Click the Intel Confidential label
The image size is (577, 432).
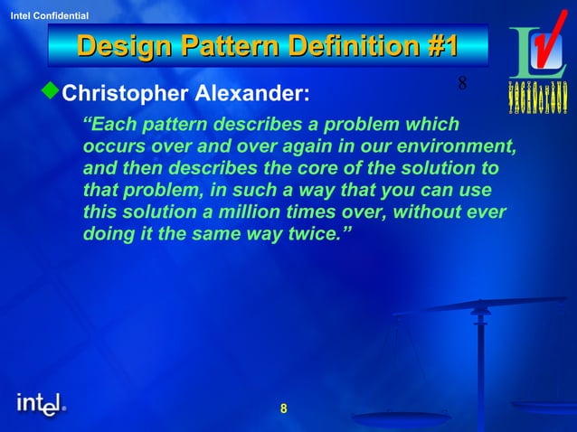click(49, 16)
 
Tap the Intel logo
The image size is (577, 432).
click(41, 404)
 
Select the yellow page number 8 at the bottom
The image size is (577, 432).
click(283, 409)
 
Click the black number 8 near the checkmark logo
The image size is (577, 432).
click(462, 84)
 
